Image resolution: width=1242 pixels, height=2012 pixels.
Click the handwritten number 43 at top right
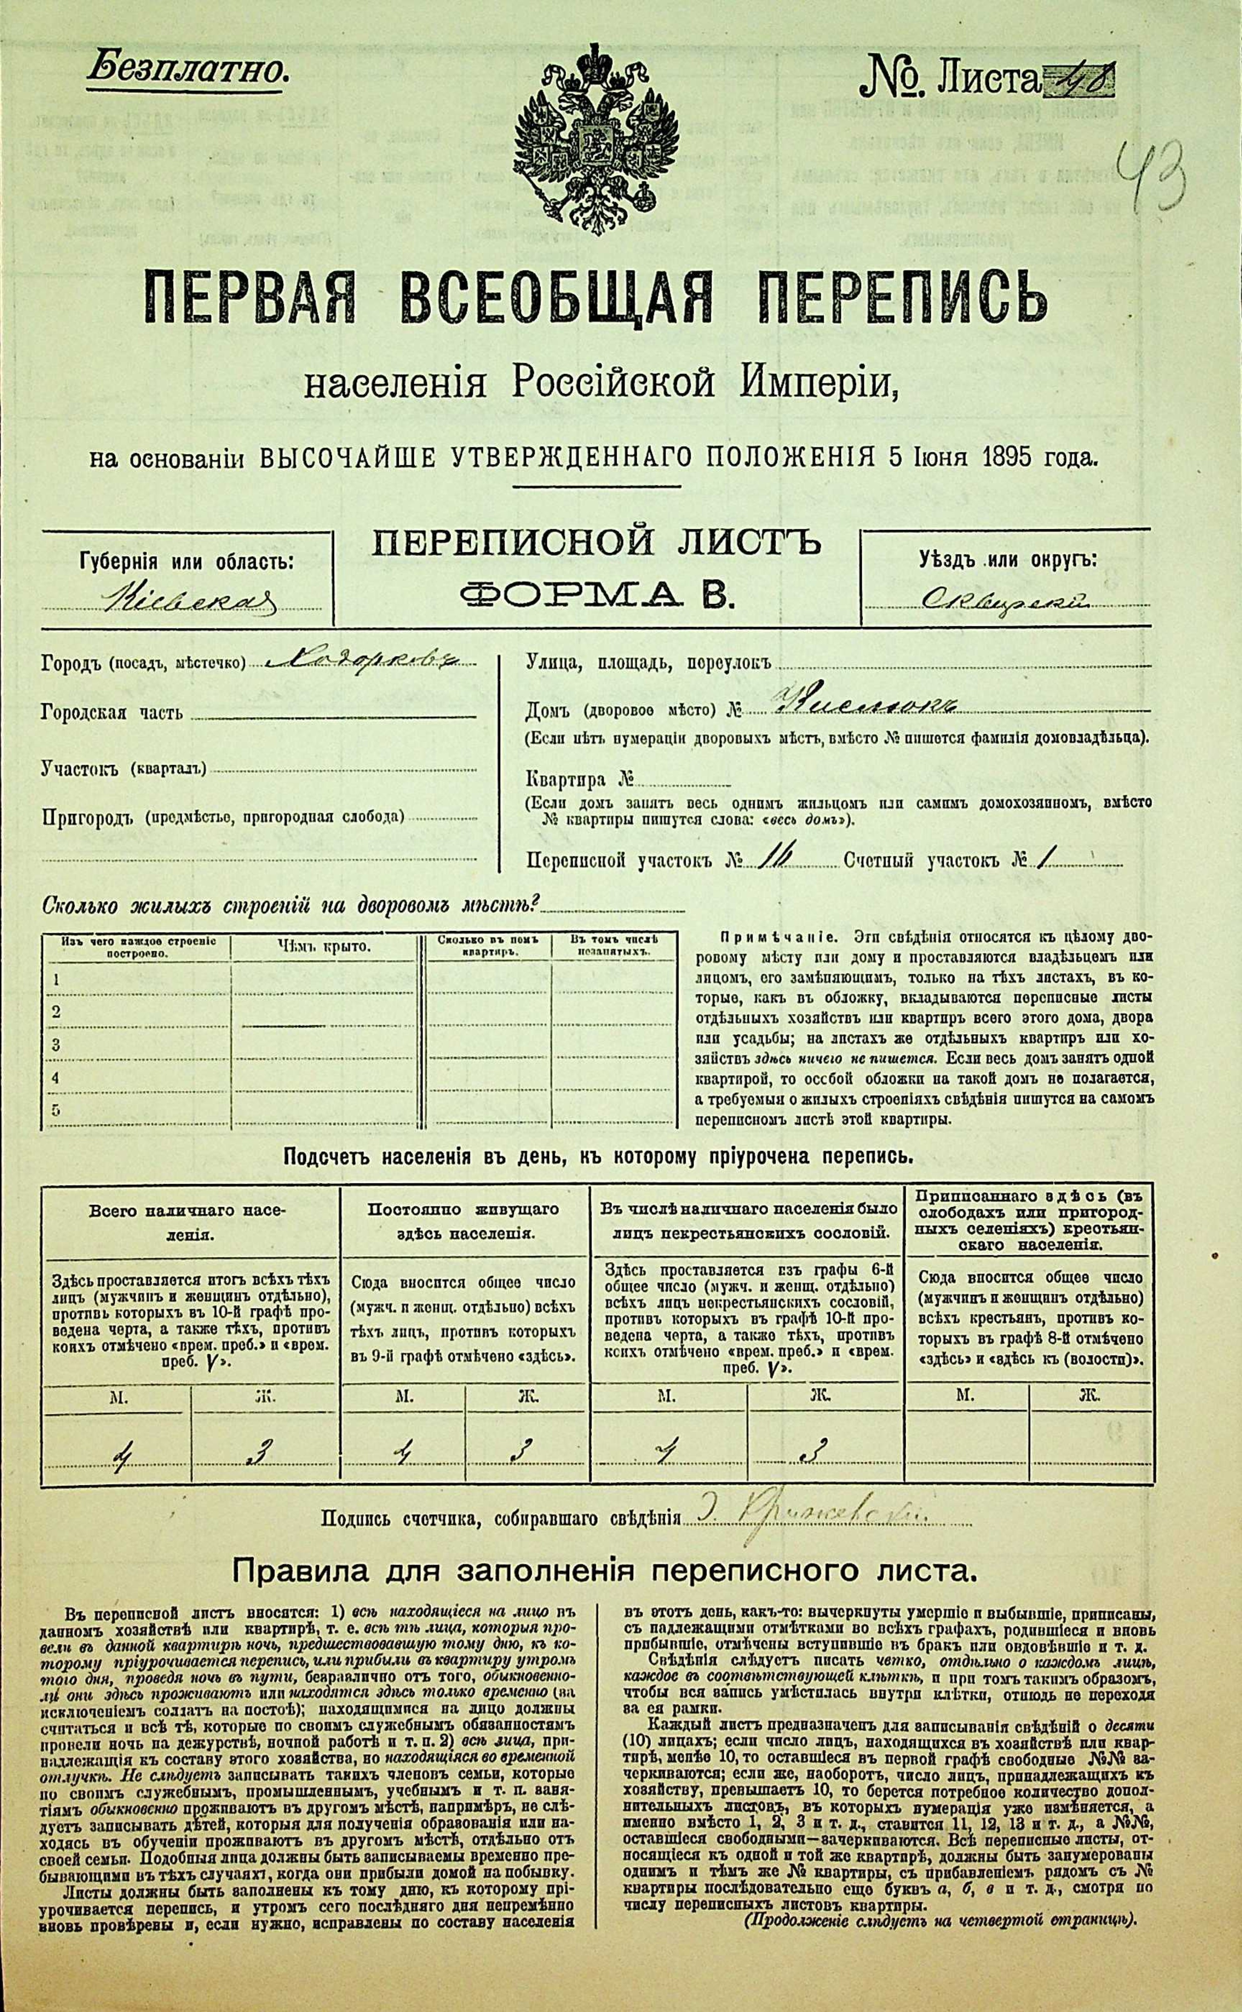pos(1154,171)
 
